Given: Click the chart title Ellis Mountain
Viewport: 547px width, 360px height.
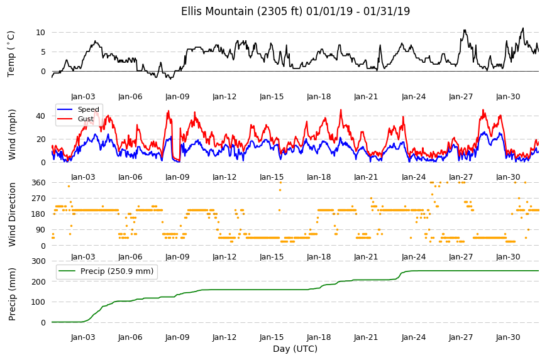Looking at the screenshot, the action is (x=217, y=11).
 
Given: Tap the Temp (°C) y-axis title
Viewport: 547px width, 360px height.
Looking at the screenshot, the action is (x=11, y=54).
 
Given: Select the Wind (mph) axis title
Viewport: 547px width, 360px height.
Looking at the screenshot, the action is (x=12, y=134).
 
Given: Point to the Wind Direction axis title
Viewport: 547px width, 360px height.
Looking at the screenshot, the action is (x=12, y=214).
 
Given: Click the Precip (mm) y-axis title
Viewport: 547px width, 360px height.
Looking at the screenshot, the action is (x=12, y=294).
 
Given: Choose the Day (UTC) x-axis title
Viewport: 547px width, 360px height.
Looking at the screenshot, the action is (x=295, y=349).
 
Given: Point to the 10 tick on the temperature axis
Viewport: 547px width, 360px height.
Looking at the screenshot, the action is (x=40, y=33).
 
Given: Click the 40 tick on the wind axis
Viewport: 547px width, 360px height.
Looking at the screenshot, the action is (x=40, y=116).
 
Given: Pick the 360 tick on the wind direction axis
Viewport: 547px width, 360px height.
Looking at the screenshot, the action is (x=38, y=183).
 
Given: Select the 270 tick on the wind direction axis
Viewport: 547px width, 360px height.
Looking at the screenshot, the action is (x=38, y=199).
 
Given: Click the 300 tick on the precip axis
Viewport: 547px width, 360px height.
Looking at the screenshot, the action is (x=38, y=261).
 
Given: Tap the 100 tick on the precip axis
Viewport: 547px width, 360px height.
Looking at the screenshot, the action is (x=38, y=302).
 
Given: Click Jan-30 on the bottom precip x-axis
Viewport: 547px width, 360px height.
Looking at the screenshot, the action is (x=508, y=337).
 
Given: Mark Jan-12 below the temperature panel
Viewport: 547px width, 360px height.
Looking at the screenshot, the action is (x=224, y=97).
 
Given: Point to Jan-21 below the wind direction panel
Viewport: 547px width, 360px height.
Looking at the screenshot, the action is (x=366, y=257).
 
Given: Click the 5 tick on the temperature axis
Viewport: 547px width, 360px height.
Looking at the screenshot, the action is (x=43, y=52).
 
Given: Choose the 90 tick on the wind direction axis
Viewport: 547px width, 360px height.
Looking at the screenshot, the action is (x=41, y=230).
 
